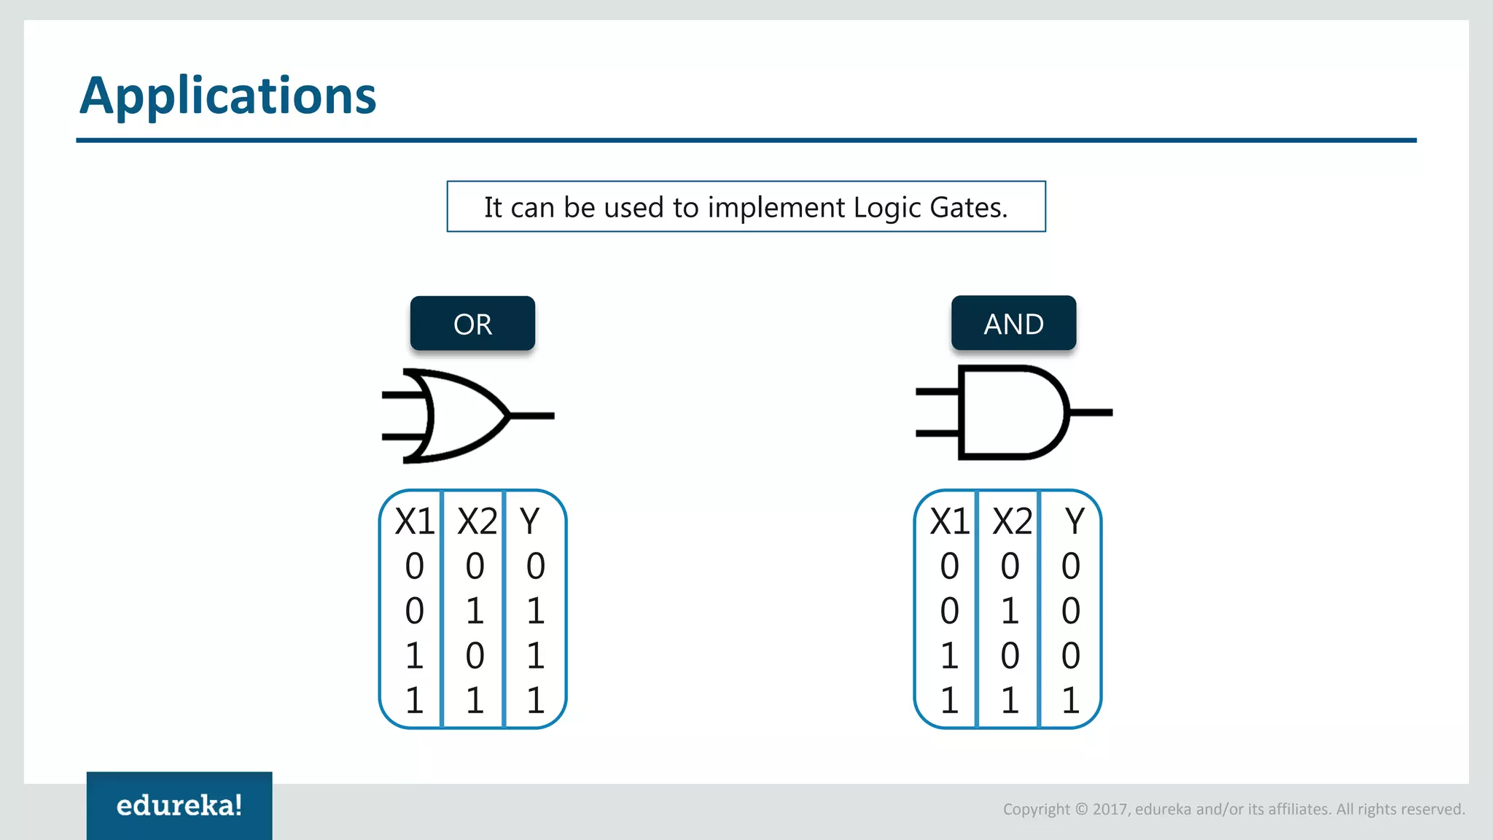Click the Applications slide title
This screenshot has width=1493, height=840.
[227, 96]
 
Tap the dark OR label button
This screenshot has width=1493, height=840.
[472, 324]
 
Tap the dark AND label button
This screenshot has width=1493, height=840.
[1013, 324]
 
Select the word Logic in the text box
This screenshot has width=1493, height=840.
[887, 208]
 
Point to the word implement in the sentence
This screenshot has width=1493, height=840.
[777, 208]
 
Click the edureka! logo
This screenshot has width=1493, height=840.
[179, 806]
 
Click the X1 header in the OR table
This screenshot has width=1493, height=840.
[414, 521]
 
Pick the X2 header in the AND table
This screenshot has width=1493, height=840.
[1012, 521]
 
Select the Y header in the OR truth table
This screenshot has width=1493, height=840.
[530, 521]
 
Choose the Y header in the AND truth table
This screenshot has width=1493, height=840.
[1075, 521]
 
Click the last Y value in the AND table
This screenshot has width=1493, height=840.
[1070, 701]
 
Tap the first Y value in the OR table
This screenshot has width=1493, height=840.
[535, 566]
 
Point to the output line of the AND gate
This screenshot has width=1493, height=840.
[1091, 413]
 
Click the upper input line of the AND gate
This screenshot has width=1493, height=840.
[937, 392]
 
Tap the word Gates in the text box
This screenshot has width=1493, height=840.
[968, 208]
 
